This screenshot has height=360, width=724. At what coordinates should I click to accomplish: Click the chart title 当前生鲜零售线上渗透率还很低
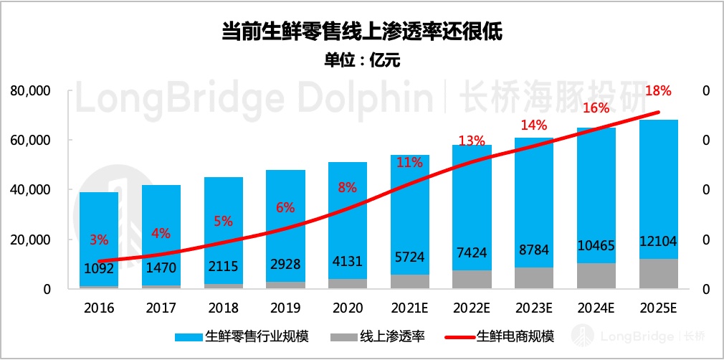coord(361,32)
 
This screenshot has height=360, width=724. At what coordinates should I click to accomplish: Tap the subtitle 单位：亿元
coord(361,60)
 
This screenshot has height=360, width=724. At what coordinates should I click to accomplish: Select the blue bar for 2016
coord(99,215)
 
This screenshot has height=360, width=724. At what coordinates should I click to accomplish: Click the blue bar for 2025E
coord(658,179)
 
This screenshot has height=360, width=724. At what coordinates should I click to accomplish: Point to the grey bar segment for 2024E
coord(596,275)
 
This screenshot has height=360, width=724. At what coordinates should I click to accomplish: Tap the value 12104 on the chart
coord(658,242)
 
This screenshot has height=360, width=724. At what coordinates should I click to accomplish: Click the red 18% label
coord(658,91)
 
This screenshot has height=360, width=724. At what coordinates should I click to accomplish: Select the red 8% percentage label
coord(348,189)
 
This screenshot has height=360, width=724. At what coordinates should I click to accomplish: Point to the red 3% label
coord(99,239)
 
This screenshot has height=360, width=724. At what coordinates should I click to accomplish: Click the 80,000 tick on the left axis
coord(30,91)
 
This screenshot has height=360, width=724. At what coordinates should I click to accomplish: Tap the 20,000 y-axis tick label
coord(30,240)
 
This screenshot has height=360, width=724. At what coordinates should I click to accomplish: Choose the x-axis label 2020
coord(348,308)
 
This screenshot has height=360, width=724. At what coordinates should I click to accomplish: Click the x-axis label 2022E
coord(472,308)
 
